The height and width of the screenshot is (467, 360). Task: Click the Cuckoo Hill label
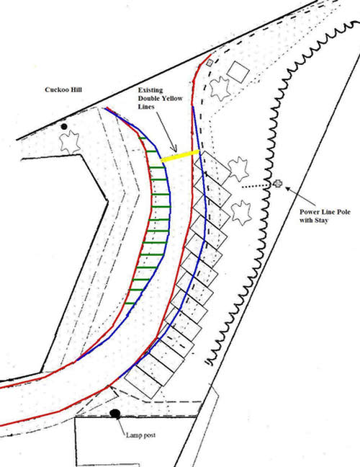click(x=63, y=89)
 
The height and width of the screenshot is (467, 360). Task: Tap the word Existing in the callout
click(x=150, y=90)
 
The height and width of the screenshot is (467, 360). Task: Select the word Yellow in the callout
click(x=173, y=98)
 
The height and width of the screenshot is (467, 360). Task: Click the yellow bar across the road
click(x=180, y=156)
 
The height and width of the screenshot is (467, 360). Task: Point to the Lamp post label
click(x=140, y=435)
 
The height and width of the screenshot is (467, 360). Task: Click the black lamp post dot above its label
click(x=115, y=414)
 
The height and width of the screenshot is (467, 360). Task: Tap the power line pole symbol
click(x=278, y=184)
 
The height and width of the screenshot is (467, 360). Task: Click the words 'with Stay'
click(x=314, y=221)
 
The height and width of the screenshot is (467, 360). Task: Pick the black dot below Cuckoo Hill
click(x=64, y=127)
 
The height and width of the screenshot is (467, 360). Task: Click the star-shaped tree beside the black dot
click(x=71, y=143)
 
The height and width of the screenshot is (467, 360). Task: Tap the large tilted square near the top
click(x=238, y=72)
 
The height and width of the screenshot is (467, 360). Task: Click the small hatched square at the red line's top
click(x=210, y=63)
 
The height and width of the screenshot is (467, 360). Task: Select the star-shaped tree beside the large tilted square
click(x=220, y=89)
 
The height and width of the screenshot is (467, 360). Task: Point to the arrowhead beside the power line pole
click(x=288, y=189)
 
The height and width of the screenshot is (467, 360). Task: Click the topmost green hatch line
click(x=143, y=138)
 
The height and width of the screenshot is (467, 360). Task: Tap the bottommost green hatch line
click(x=130, y=303)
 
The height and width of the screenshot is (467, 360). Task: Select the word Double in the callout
click(x=149, y=98)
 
